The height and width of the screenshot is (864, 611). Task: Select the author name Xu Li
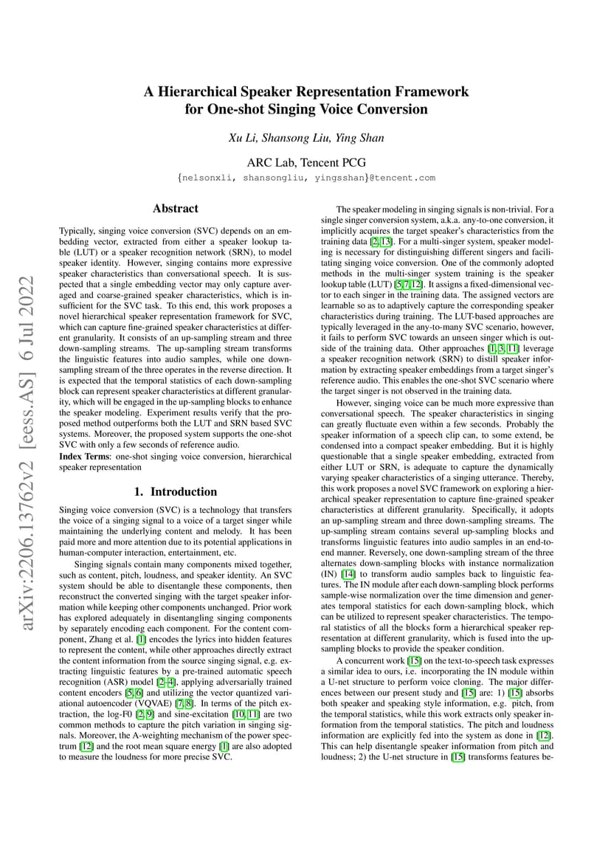(x=242, y=138)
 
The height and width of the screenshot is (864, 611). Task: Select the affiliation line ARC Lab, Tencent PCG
(x=305, y=162)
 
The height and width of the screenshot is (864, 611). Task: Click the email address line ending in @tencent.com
(x=305, y=178)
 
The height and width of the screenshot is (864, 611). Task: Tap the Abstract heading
(x=175, y=209)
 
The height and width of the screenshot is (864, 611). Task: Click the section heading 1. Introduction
(x=175, y=491)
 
